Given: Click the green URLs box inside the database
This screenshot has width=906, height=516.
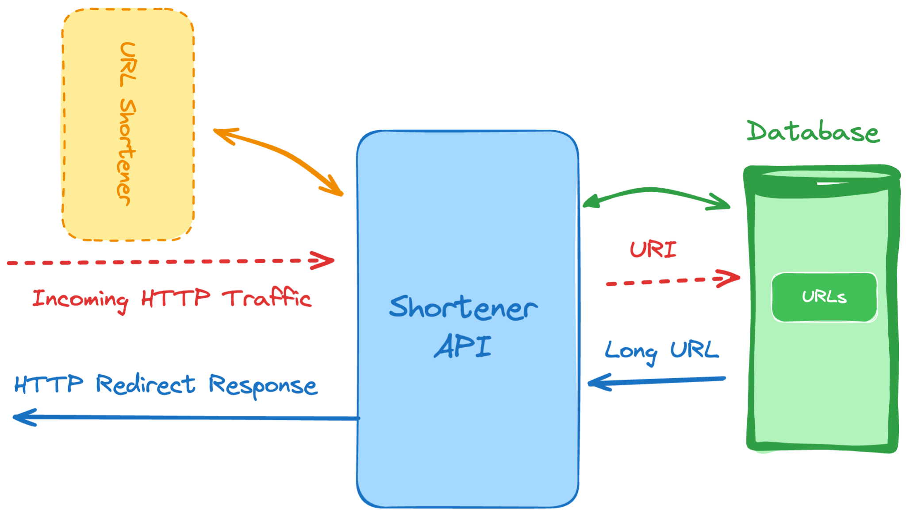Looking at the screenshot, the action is pos(824,297).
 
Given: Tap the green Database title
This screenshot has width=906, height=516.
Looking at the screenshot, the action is pos(813,132).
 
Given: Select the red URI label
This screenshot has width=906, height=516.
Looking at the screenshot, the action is pos(653,249).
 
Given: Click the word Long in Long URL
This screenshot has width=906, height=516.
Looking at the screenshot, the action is pos(631,353).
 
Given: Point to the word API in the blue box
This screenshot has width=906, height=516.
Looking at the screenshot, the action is pos(463,346).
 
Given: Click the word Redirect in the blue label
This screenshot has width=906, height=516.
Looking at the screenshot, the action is pos(146,384).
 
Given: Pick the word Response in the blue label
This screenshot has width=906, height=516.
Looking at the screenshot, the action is pos(263,386).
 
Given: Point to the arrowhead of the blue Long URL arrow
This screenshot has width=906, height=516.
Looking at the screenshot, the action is pos(599,382).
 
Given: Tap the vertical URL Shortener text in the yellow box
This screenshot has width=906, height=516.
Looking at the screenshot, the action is pos(127,124).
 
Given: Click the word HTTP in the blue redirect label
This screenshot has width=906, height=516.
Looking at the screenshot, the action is pos(49,384).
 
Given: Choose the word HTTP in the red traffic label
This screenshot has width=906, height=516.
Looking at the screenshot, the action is pos(176,298).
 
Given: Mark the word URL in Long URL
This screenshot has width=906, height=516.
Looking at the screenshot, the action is pos(695,350).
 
